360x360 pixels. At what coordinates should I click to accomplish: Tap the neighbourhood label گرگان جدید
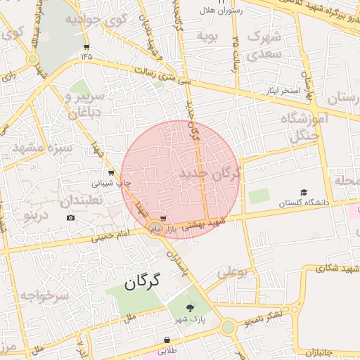coord(210,173)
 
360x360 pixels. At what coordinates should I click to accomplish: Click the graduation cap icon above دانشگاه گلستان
coord(304,193)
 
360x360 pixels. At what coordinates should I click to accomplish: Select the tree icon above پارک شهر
coord(189,308)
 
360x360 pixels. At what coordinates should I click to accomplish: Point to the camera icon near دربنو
coord(70,218)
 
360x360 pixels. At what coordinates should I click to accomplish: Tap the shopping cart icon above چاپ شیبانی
coord(110,173)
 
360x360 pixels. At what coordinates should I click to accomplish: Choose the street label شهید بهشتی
coord(205,224)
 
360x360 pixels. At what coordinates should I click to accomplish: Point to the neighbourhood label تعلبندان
coord(80,201)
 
